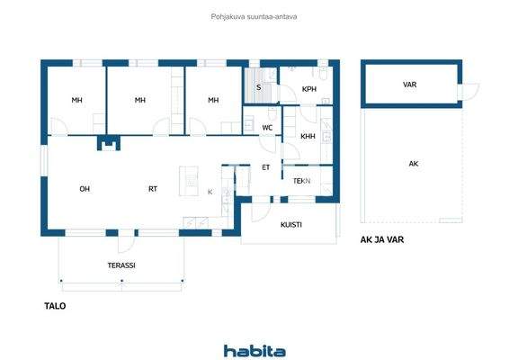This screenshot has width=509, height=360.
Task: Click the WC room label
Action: click(267, 128)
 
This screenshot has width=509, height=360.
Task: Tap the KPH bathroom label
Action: click(308, 89)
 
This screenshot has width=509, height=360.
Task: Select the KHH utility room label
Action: click(308, 136)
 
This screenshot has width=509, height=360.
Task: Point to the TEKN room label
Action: click(301, 181)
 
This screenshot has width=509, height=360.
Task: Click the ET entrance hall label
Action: click(266, 167)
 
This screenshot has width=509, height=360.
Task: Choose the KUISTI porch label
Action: click(290, 225)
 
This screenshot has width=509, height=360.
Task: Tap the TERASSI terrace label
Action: click(121, 266)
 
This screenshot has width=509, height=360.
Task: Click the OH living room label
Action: click(85, 189)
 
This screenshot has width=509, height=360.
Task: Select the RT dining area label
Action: click(154, 189)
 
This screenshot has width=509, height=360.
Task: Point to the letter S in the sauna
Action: click(259, 87)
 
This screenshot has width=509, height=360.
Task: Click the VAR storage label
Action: click(409, 85)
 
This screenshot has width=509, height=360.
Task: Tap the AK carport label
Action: click(413, 164)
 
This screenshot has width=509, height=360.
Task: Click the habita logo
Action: click(254, 351)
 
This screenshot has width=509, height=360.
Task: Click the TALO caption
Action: click(55, 306)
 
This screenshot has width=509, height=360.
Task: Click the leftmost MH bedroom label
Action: click(77, 100)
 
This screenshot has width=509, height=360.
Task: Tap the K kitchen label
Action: click(210, 192)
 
